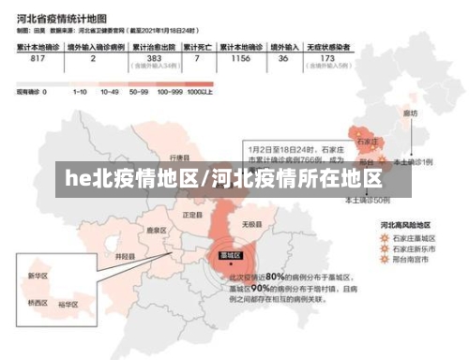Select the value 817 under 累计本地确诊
[38, 59]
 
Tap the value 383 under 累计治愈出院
[154, 58]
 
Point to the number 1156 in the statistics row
[240, 58]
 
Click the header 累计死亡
[197, 46]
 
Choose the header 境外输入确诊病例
[93, 46]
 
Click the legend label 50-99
[139, 92]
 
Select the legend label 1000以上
[201, 92]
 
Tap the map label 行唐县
[179, 157]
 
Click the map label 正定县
[192, 215]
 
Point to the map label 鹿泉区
[156, 230]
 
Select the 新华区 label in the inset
[38, 277]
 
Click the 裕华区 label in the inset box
[68, 304]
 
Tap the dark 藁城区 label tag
[230, 255]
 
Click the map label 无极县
[250, 224]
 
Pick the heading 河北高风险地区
[405, 225]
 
